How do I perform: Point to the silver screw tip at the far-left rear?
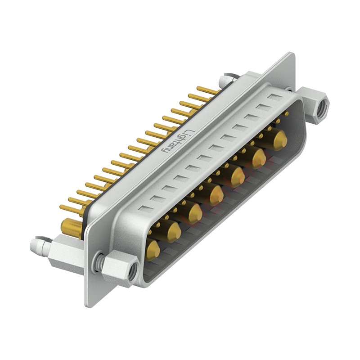pyautogui.click(x=36, y=245)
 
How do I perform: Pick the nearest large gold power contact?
pyautogui.click(x=153, y=249)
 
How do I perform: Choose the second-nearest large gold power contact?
pyautogui.click(x=174, y=231)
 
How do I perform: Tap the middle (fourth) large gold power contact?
pyautogui.click(x=216, y=194)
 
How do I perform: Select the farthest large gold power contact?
pyautogui.click(x=279, y=140)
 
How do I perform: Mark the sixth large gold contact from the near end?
pyautogui.click(x=259, y=158)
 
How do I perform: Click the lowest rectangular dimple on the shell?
pyautogui.click(x=145, y=209)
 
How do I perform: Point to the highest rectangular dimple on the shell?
pyautogui.click(x=275, y=97)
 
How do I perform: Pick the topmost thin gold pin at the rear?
pyautogui.click(x=208, y=91)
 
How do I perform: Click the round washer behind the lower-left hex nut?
pyautogui.click(x=100, y=261)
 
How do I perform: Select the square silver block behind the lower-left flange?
pyautogui.click(x=65, y=256)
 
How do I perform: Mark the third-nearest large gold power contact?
pyautogui.click(x=195, y=213)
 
